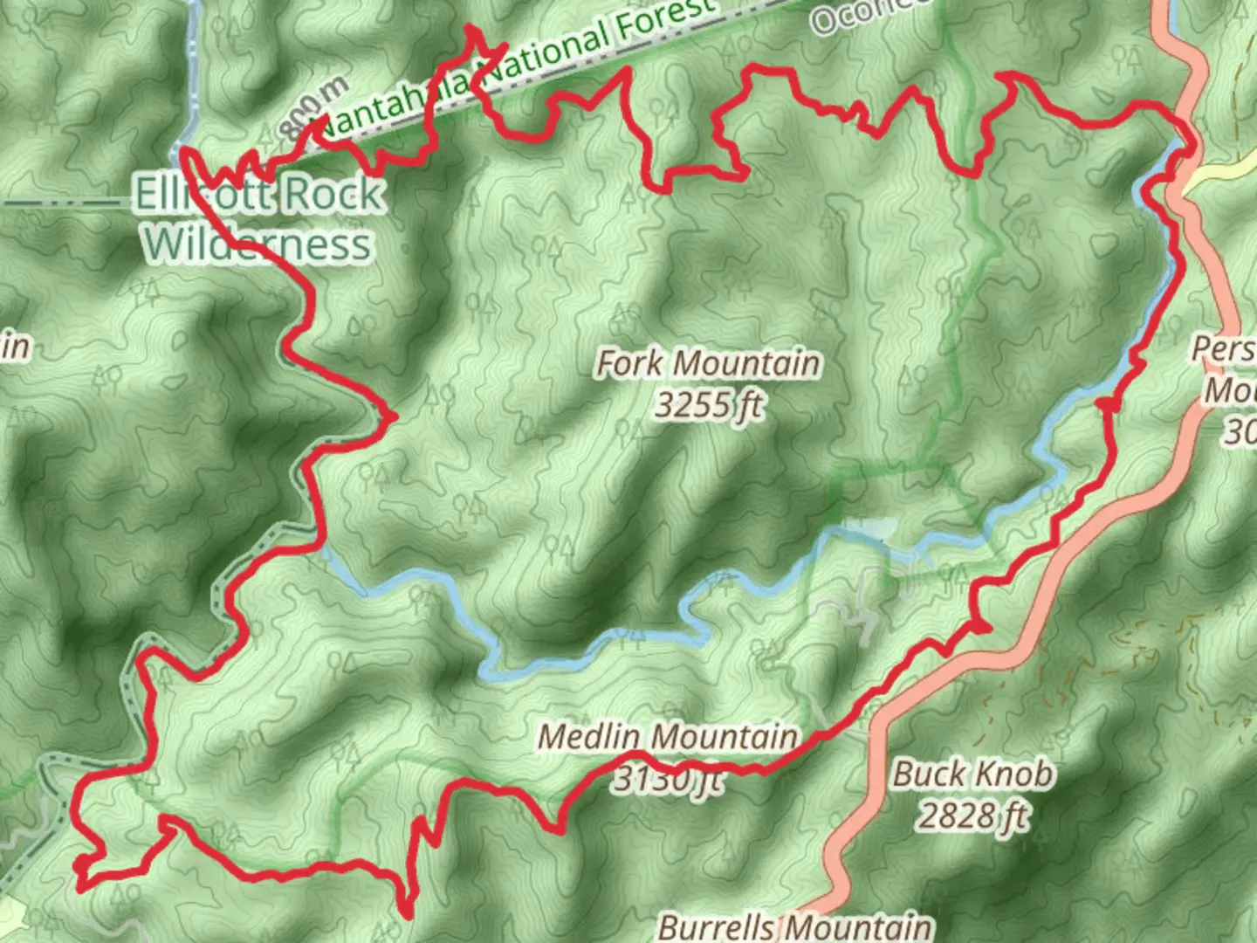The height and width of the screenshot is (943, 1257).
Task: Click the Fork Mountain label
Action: pos(708,363)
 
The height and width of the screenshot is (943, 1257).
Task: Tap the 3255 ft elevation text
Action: pos(710,405)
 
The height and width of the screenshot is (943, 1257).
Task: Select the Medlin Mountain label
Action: pos(668,737)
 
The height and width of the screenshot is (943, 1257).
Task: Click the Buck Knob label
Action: pos(973,774)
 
